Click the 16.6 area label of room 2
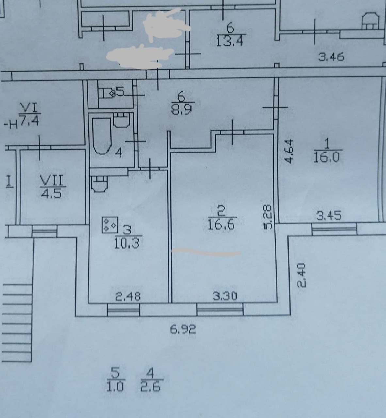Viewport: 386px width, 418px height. tap(221, 225)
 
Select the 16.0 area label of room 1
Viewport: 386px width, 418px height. tap(326, 158)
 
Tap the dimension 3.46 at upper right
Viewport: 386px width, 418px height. tap(331, 57)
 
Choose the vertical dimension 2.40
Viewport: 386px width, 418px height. tap(302, 275)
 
